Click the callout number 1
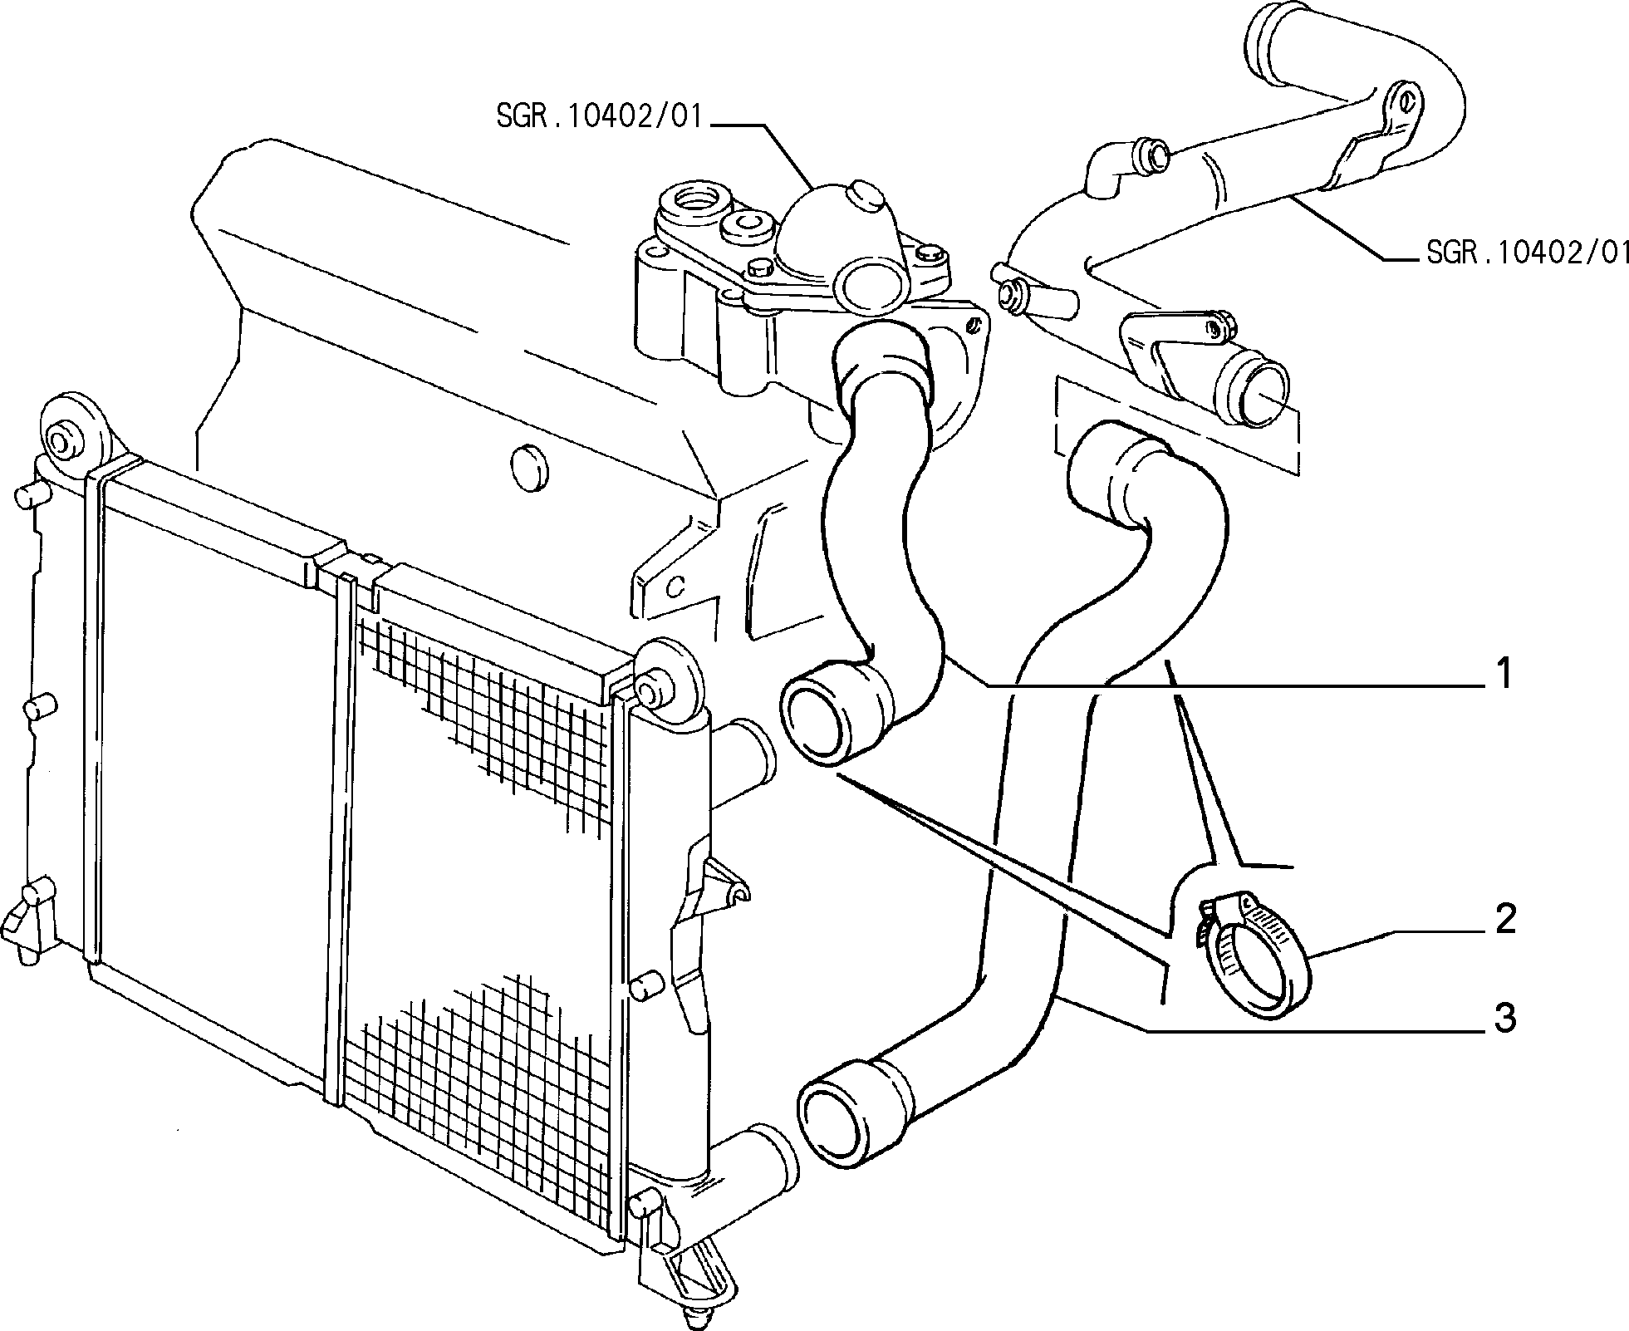(1504, 674)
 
